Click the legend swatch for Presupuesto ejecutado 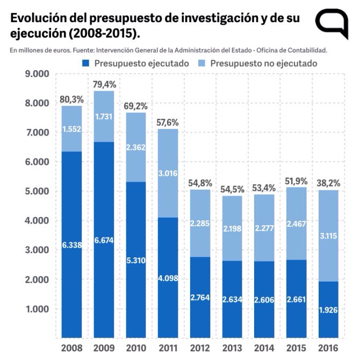coord(86,63)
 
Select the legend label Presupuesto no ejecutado coord(263,63)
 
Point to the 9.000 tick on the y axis coord(37,74)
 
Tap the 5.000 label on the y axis coord(37,191)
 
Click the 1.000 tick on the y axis coord(37,309)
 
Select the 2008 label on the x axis coord(71,348)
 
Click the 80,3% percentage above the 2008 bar coord(71,99)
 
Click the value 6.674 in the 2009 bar coord(103,240)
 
